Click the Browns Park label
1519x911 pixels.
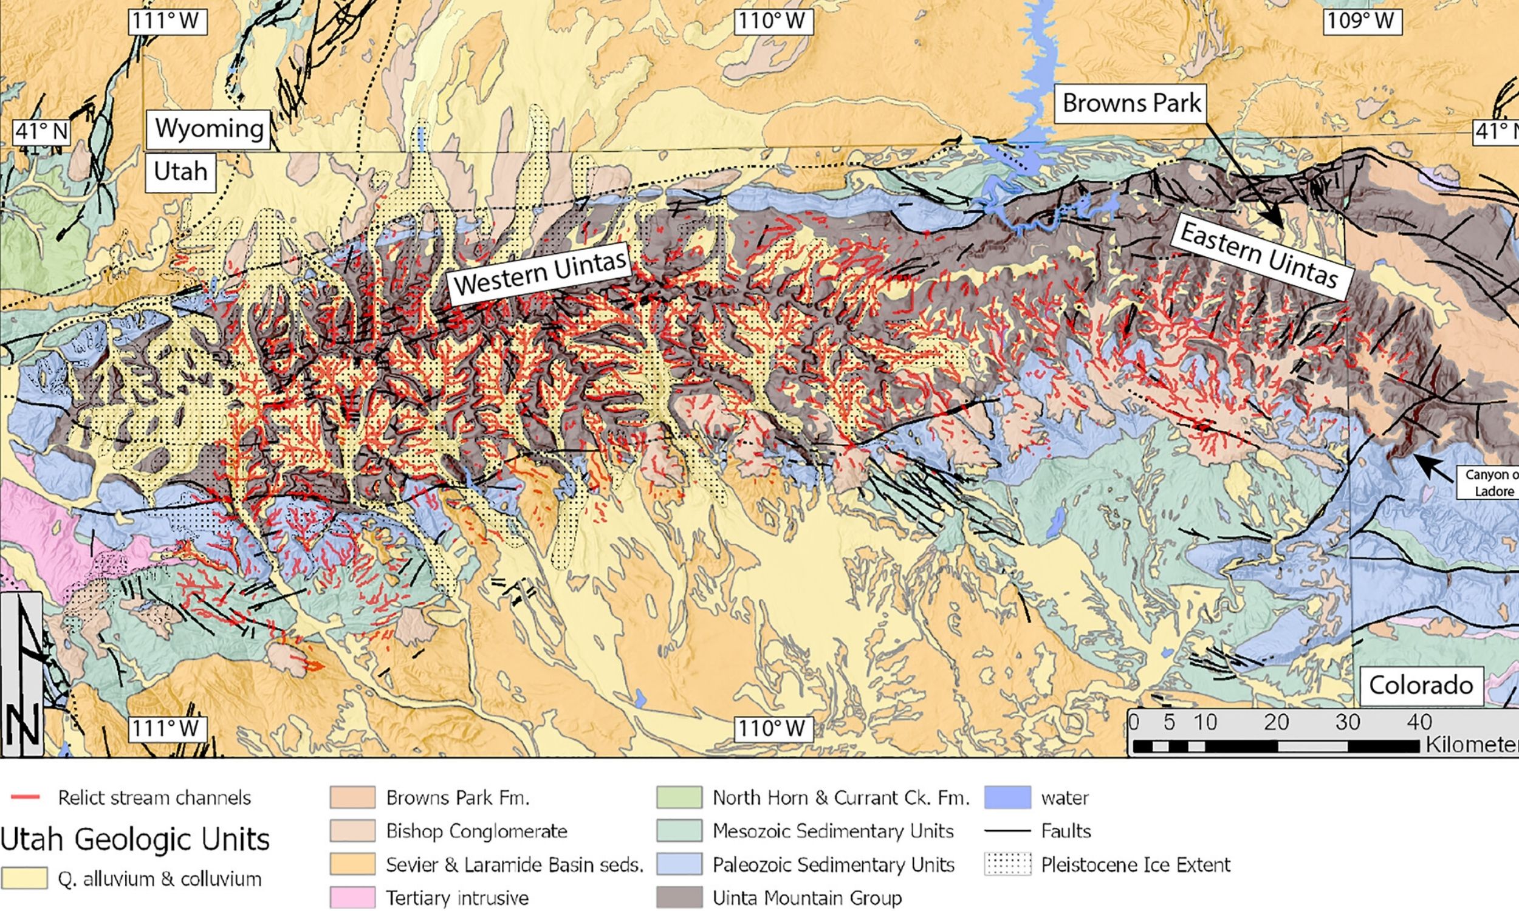tap(1131, 103)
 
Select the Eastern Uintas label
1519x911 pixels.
tap(1259, 255)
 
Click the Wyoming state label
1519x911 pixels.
tap(208, 129)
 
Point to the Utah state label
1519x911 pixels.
tap(180, 171)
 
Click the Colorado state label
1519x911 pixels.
tap(1421, 685)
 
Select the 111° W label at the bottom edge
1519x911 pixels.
tap(166, 728)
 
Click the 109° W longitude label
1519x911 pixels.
tap(1361, 21)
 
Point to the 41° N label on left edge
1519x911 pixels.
tap(41, 131)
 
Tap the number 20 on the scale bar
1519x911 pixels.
tap(1276, 722)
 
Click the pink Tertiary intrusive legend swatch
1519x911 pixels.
tap(352, 898)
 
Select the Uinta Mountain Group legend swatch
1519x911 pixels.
tap(679, 898)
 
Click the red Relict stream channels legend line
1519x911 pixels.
tap(26, 797)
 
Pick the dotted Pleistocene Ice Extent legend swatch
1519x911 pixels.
tap(1007, 864)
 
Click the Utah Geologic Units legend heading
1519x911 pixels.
tap(135, 839)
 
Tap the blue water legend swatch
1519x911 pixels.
tap(1007, 797)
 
